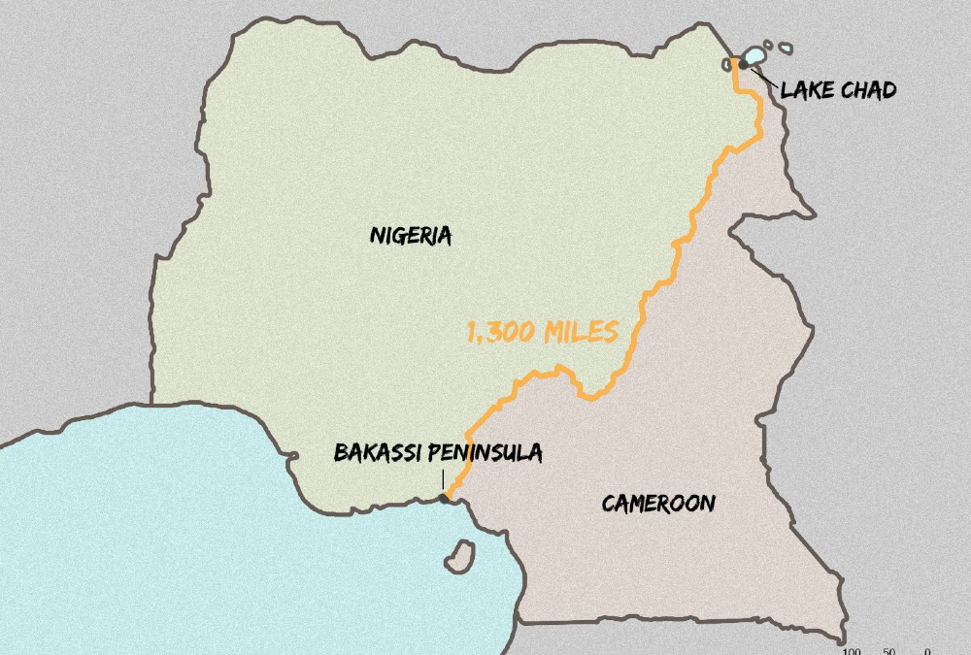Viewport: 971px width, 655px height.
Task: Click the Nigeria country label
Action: pyautogui.click(x=411, y=235)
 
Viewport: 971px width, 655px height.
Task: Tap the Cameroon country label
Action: pyautogui.click(x=658, y=504)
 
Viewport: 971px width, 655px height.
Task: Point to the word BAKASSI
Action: pyautogui.click(x=377, y=453)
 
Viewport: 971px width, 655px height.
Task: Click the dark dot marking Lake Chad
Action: pyautogui.click(x=743, y=63)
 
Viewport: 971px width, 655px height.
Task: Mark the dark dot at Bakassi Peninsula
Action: pyautogui.click(x=445, y=499)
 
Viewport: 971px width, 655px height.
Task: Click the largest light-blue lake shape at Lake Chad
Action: pyautogui.click(x=753, y=55)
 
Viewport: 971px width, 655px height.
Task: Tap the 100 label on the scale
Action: pyautogui.click(x=852, y=651)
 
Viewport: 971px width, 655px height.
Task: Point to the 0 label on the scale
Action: pyautogui.click(x=927, y=651)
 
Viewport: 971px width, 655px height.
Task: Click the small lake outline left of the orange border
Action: pyautogui.click(x=728, y=64)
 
